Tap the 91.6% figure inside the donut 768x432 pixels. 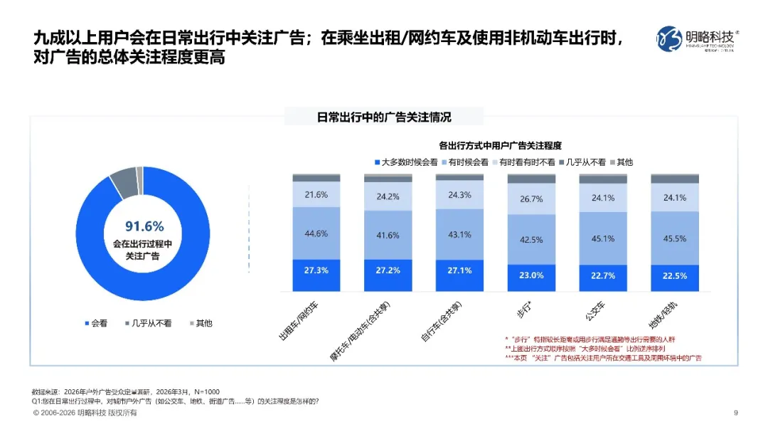point(144,226)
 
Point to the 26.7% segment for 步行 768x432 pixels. point(531,199)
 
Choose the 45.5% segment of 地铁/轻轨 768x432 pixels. point(674,238)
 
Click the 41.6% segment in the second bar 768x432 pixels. point(388,235)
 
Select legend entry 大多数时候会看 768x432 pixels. point(405,162)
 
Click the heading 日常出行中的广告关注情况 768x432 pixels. point(384,117)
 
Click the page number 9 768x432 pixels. point(735,413)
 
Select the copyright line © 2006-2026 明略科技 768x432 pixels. point(85,413)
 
